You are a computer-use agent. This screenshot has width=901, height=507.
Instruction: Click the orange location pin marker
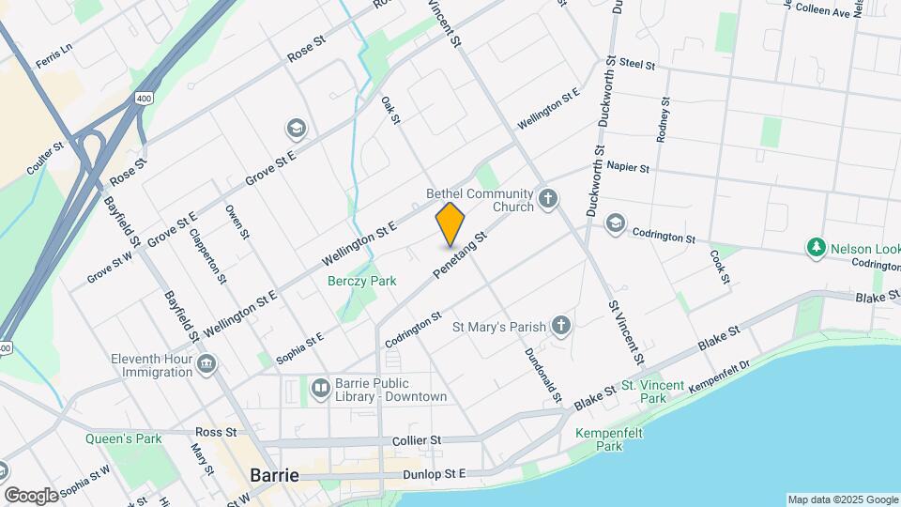pos(450,225)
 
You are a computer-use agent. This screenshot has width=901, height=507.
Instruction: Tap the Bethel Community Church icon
pos(548,199)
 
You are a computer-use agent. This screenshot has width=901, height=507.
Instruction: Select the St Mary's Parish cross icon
pos(560,326)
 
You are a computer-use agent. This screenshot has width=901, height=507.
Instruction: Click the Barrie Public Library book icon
pos(321,388)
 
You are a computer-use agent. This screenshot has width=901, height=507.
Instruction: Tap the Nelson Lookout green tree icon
pos(817,248)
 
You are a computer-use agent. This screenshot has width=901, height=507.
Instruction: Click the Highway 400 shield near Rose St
pos(144,98)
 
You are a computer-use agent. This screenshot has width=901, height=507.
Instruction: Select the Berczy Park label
pos(361,281)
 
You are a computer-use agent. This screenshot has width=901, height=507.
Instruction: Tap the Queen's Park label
pos(123,438)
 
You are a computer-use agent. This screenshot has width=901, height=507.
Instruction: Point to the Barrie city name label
pos(274,475)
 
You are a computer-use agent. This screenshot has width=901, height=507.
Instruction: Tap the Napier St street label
pos(628,167)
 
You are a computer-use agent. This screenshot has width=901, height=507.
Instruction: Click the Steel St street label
pos(636,64)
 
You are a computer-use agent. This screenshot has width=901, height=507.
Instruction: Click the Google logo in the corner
pos(30,495)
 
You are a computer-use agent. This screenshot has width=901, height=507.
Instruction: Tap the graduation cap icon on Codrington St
pos(615,222)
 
